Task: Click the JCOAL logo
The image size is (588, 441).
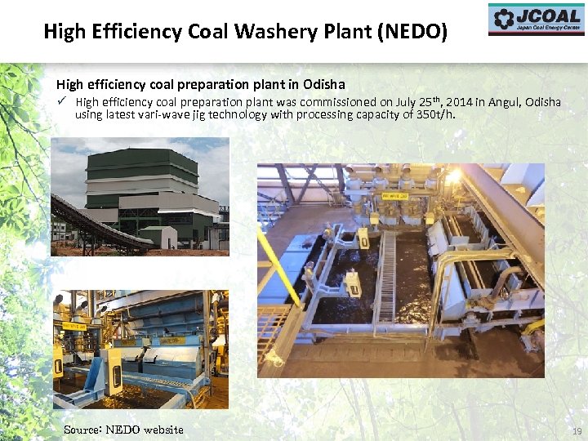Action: coord(537,20)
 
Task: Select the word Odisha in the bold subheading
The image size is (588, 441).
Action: coord(324,84)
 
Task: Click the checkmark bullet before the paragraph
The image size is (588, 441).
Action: coord(61,102)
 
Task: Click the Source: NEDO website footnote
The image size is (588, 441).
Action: coord(123,430)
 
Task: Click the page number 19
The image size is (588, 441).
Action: coord(577,431)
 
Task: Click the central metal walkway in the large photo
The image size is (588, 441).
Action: coord(385,278)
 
